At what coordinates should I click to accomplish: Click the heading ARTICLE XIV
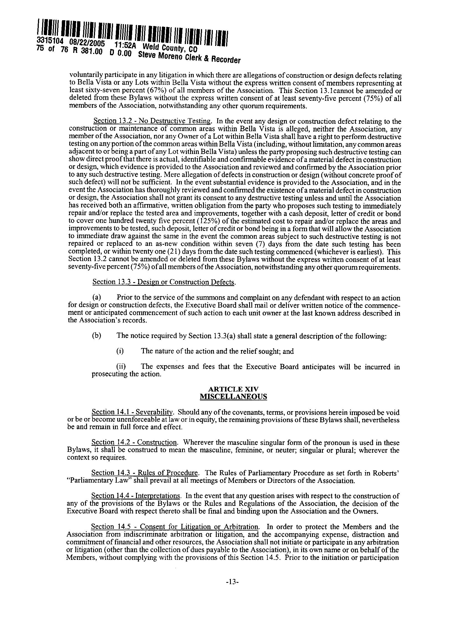233,389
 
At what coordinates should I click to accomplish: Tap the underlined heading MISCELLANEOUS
233,396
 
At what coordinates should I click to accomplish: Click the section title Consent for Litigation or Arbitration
199,527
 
